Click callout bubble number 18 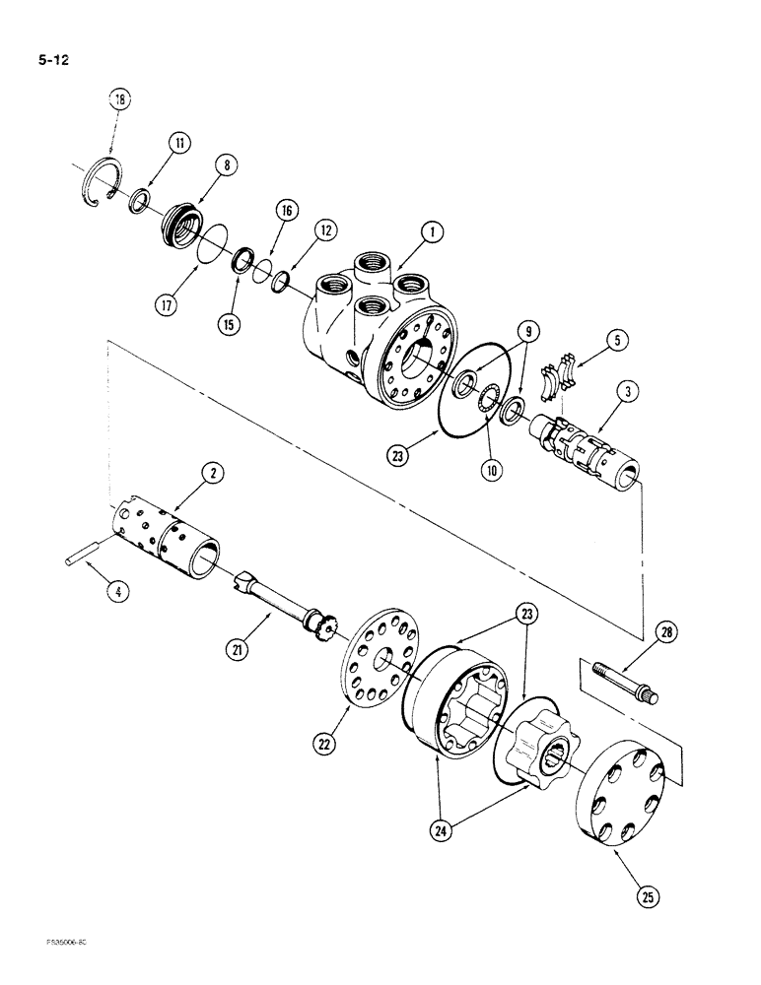click(120, 99)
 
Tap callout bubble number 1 click(430, 233)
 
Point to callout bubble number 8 click(226, 165)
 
